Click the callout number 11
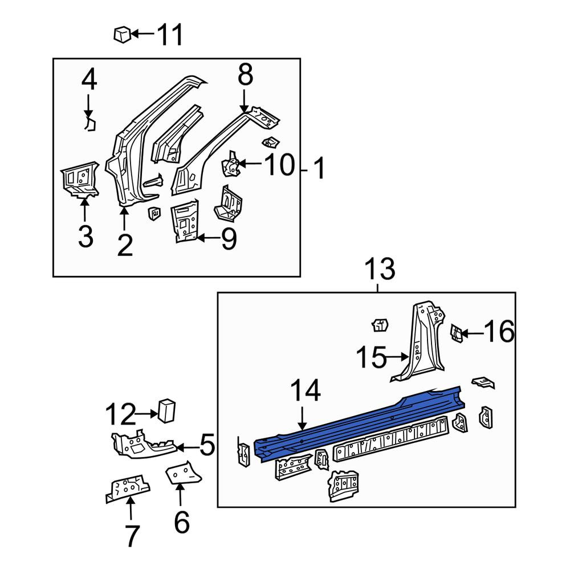tap(170, 35)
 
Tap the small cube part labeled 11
tap(122, 34)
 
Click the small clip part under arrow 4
tap(90, 123)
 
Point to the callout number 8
tap(245, 75)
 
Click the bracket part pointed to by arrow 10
tap(230, 164)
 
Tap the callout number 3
tap(86, 237)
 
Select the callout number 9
tap(229, 239)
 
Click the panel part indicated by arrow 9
tap(185, 221)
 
